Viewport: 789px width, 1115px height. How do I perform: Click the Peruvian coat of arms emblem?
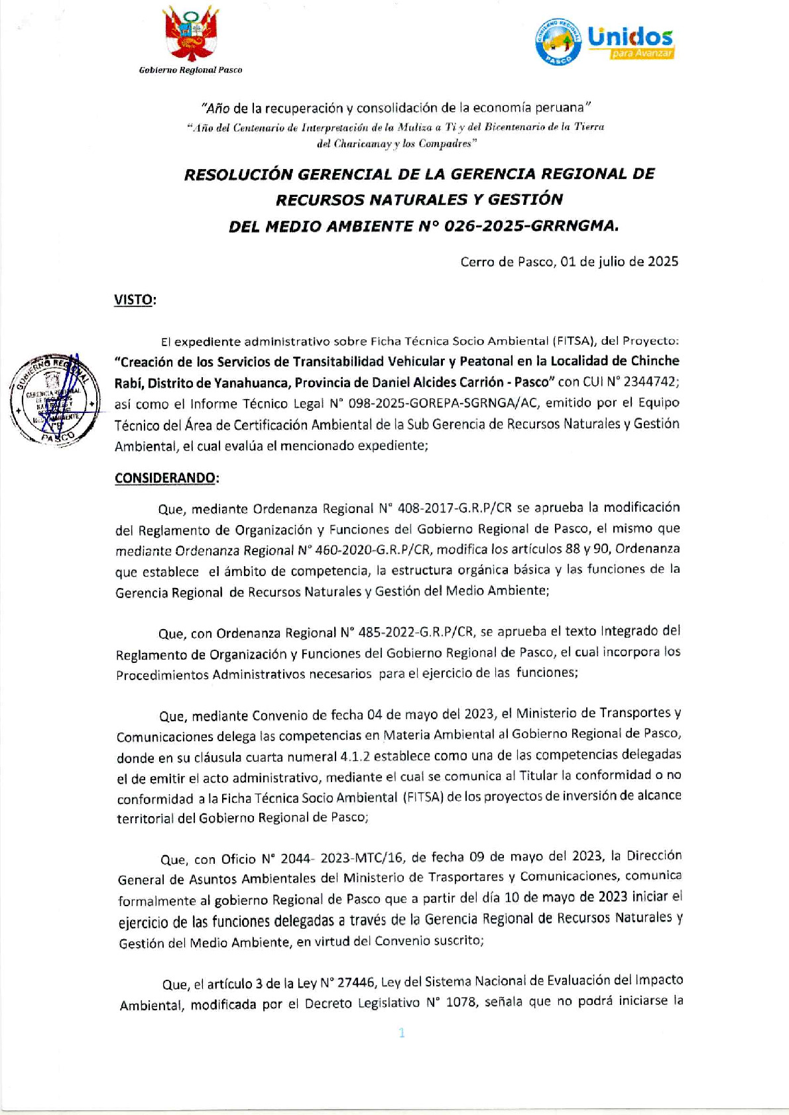click(191, 36)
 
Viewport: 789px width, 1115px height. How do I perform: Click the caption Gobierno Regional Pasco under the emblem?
click(190, 70)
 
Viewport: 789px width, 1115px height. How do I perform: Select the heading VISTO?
click(135, 300)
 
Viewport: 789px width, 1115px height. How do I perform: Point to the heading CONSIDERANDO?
click(166, 478)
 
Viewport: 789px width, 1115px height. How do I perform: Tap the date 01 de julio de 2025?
click(619, 262)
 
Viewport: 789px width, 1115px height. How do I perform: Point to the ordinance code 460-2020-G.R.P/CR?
click(373, 550)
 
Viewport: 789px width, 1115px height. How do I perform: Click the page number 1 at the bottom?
click(401, 1033)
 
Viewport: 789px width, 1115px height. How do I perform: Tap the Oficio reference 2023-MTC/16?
click(362, 858)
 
